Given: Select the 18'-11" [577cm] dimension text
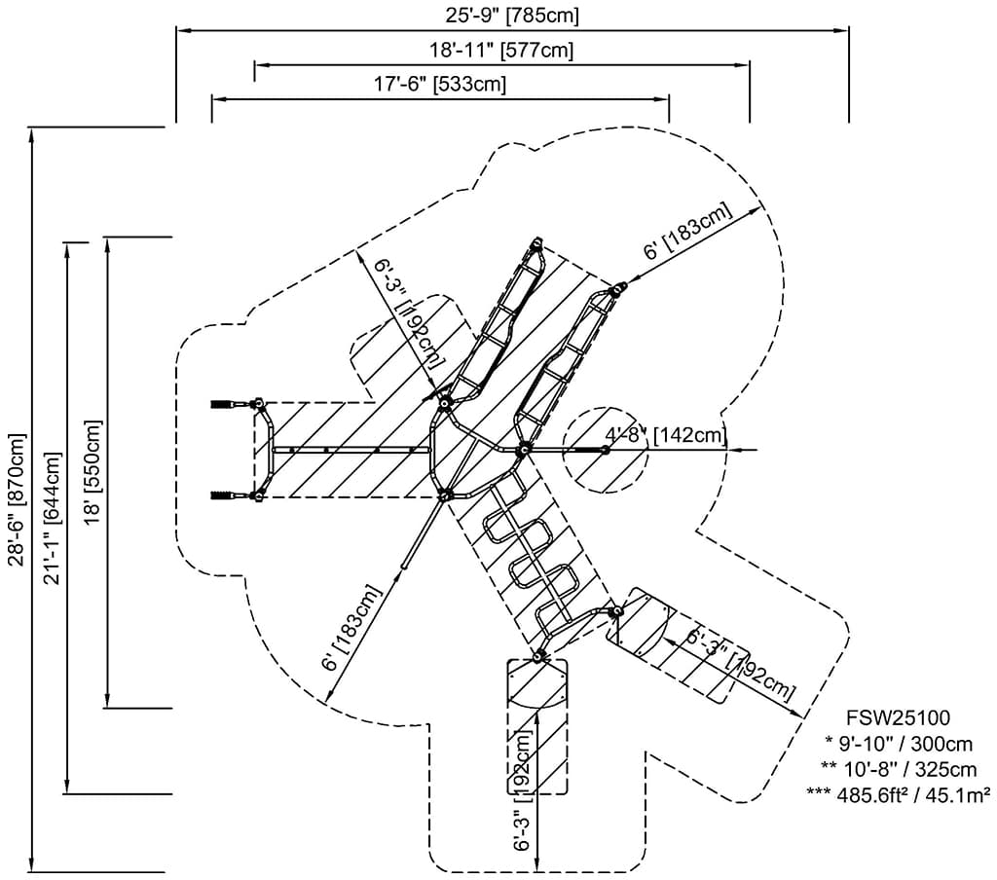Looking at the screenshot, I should tap(501, 51).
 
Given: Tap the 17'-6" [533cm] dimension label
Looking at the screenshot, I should tap(440, 85).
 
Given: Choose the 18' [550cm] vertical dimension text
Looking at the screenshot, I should tap(93, 472).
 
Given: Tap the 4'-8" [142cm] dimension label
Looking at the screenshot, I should tap(666, 434).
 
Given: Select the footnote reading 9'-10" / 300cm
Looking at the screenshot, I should tap(899, 746).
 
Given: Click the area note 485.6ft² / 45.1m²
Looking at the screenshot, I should tap(899, 793).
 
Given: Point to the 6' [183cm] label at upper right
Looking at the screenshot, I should tap(687, 233).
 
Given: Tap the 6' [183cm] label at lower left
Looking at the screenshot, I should tap(351, 627).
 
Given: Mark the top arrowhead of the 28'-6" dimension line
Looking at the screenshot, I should tap(34, 134).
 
